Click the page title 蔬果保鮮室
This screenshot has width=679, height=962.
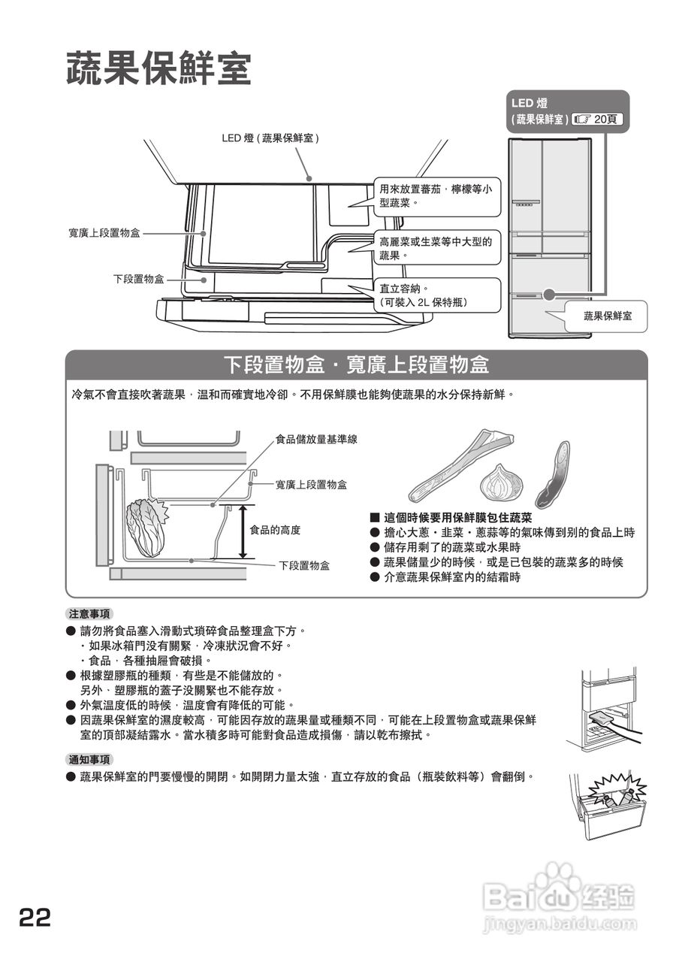tap(158, 70)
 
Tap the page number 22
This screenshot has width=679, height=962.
tap(35, 917)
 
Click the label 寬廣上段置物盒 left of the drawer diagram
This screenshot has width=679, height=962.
tap(104, 234)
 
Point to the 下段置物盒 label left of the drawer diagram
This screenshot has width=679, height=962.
tap(138, 279)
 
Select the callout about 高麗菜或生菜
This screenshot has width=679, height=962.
tap(436, 249)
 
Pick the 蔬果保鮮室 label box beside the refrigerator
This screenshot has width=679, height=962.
tap(608, 316)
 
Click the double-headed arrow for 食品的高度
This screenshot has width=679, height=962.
tap(243, 532)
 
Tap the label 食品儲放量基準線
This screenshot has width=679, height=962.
tap(316, 439)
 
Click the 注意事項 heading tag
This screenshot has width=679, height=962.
tap(89, 613)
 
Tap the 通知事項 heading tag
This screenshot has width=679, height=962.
tap(89, 759)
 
